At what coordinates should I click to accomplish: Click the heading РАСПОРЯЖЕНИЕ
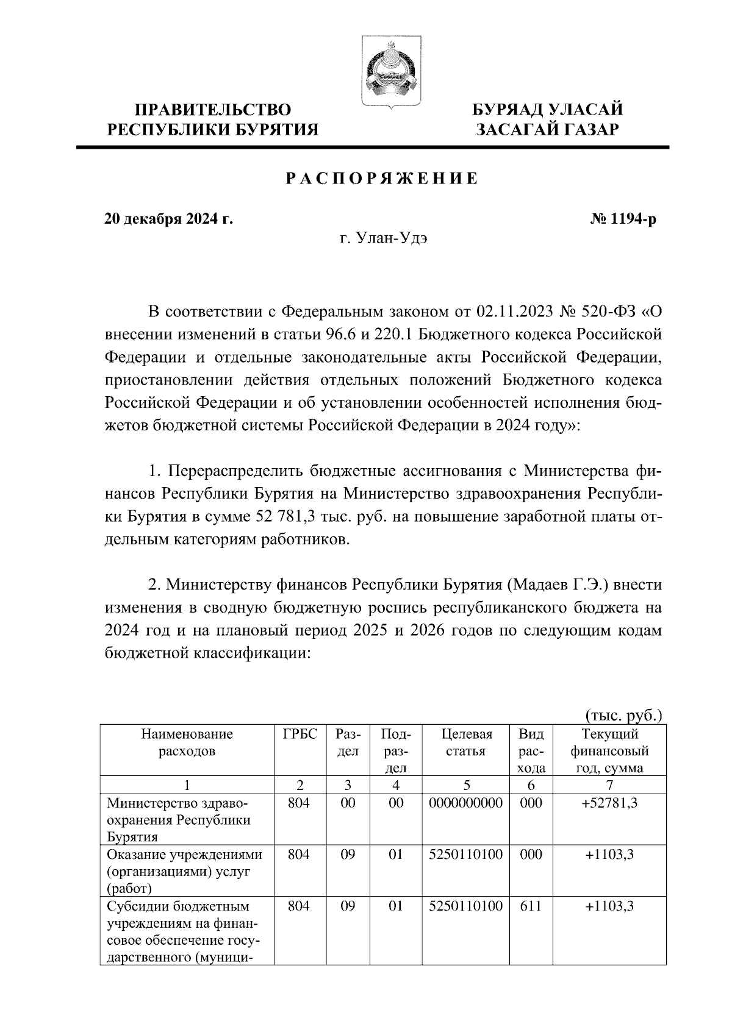tap(382, 179)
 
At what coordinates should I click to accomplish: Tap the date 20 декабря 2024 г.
tap(168, 219)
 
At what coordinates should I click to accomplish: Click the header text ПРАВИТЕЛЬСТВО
tap(213, 110)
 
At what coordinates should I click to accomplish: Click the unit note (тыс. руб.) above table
tap(623, 715)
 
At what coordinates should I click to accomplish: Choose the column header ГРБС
tap(300, 734)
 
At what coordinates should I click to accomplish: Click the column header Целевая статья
tap(466, 742)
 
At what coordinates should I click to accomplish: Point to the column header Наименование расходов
tap(187, 742)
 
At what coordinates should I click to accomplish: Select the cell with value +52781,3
tap(609, 803)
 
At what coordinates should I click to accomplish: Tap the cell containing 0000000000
tap(466, 803)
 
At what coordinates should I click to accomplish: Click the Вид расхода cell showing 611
tap(531, 906)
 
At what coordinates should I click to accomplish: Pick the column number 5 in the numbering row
tap(466, 785)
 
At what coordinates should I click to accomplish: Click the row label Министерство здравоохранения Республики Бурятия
tap(179, 820)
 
